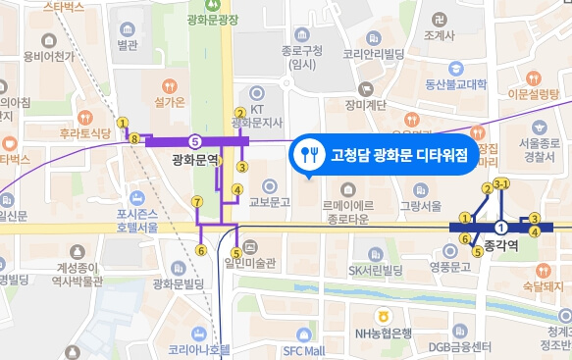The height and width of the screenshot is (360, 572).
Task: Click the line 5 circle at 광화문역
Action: (x=195, y=140)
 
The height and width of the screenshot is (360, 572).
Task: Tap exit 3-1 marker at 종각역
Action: (x=501, y=183)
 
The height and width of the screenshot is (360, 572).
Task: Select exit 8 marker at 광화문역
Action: (x=134, y=140)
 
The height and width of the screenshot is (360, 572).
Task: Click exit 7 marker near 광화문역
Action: (x=197, y=202)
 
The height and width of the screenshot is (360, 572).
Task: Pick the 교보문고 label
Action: (x=270, y=203)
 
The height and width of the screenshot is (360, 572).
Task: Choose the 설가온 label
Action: (x=170, y=102)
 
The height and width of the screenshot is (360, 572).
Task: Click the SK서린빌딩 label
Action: (x=376, y=270)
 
